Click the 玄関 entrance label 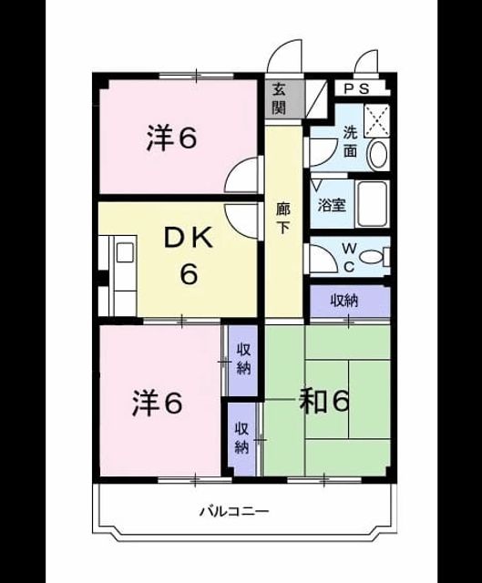coord(279,99)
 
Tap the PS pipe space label coord(356,89)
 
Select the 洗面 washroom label coord(351,142)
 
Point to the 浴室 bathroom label coord(332,205)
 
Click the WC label coord(348,257)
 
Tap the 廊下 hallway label coord(282,219)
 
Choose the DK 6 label coord(189,256)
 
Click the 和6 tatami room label coord(324,402)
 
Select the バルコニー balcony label coord(234,512)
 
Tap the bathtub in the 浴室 coord(372,204)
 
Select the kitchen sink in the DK coord(125,251)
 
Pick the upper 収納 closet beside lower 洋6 coord(243,361)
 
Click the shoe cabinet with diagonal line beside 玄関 coord(316,99)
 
